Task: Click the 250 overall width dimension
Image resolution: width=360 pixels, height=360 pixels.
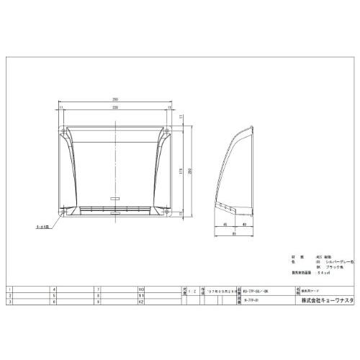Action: click(114, 99)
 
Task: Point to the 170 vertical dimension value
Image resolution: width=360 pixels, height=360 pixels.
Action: click(181, 170)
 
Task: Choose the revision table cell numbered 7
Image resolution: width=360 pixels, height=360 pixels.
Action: click(97, 289)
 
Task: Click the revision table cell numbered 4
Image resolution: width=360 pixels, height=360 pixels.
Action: click(55, 289)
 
